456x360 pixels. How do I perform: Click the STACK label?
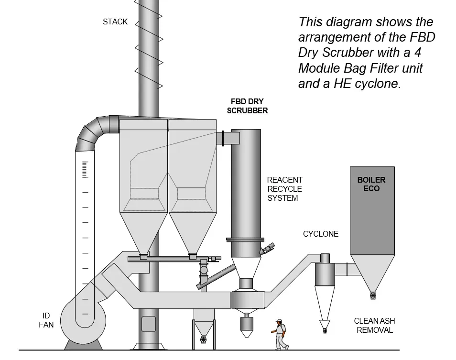click(115, 22)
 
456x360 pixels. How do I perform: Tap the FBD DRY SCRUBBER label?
click(247, 106)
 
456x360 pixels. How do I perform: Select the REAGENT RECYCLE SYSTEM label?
click(284, 189)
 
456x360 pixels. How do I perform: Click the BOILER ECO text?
click(371, 184)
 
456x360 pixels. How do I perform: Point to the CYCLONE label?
click(320, 234)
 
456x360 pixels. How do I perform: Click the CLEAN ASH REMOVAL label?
click(374, 325)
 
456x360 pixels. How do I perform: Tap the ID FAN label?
click(46, 320)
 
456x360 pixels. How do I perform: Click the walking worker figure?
click(281, 335)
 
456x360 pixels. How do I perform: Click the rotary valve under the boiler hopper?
click(373, 295)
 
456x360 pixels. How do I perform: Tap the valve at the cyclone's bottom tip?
click(325, 329)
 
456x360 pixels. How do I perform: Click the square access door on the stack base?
click(149, 324)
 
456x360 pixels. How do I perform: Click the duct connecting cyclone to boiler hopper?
click(342, 269)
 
